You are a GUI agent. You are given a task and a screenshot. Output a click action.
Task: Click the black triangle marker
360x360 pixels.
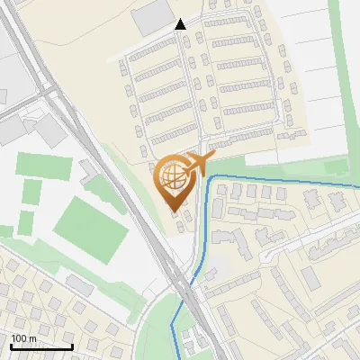point(181,24)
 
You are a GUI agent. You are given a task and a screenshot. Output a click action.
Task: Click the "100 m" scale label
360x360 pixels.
point(23,338)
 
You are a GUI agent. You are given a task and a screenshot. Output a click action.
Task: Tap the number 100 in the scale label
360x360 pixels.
point(19,338)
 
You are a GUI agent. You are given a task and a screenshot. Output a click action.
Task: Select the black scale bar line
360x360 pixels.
point(41,346)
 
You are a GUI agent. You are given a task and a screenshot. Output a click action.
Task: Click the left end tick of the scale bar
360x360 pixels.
point(11,345)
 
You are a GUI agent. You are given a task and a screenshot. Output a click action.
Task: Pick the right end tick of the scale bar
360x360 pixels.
point(72,345)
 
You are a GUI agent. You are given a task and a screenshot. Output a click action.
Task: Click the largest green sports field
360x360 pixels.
point(90,225)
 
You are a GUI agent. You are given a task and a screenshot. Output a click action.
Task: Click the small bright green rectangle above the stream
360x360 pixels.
point(336,167)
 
